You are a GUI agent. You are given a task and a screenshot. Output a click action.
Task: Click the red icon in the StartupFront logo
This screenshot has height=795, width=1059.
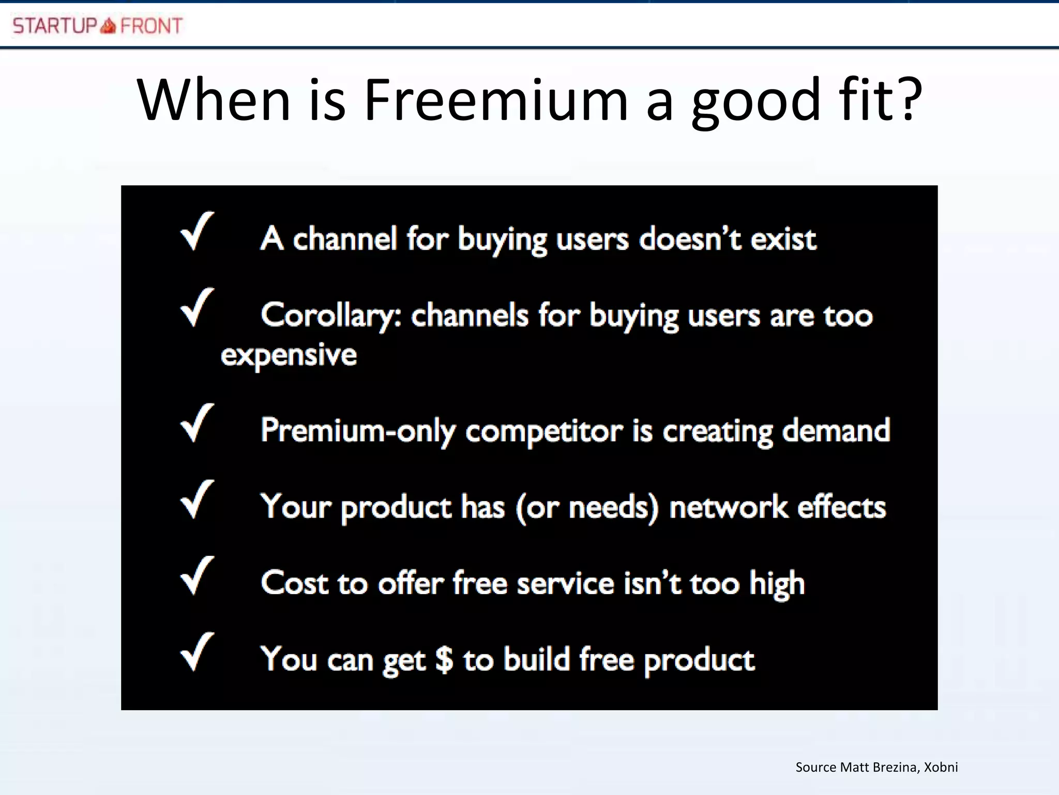tap(108, 25)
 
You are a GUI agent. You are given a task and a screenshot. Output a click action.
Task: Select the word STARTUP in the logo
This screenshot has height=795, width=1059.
tap(55, 26)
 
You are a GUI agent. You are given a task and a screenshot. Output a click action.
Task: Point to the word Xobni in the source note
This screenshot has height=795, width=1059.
tap(941, 767)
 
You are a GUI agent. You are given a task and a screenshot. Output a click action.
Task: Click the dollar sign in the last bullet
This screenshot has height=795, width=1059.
tap(444, 659)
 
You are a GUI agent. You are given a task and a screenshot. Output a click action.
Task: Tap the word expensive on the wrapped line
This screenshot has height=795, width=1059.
tap(289, 356)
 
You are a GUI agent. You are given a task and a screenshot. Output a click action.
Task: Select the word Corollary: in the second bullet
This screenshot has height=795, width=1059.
tap(331, 315)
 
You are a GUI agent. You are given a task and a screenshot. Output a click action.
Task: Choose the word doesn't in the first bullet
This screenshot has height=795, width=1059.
tap(690, 239)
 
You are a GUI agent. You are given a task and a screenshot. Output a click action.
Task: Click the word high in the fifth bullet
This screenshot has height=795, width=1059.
tap(777, 584)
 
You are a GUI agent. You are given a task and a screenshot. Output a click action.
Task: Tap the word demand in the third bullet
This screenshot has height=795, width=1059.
tap(836, 430)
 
